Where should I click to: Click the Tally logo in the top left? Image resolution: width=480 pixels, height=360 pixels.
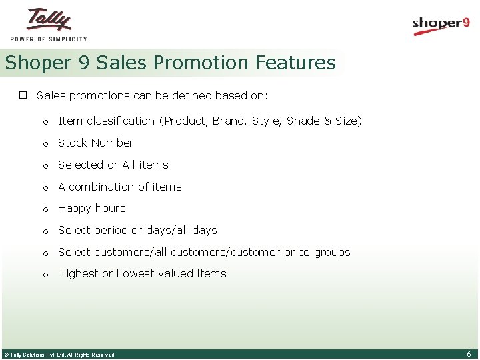pyautogui.click(x=49, y=20)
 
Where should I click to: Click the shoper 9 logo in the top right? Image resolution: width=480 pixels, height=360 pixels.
pyautogui.click(x=441, y=25)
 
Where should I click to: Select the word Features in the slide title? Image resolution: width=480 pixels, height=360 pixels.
pyautogui.click(x=295, y=63)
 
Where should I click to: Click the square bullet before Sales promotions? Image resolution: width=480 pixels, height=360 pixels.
pyautogui.click(x=22, y=95)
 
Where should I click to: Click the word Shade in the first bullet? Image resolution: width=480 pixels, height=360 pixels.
pyautogui.click(x=303, y=121)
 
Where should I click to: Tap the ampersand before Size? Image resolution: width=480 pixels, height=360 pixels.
pyautogui.click(x=327, y=121)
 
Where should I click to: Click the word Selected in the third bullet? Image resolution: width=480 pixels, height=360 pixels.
pyautogui.click(x=81, y=165)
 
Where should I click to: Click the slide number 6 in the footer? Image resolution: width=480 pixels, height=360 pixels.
pyautogui.click(x=469, y=354)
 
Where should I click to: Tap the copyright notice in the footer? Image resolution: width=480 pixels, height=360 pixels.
pyautogui.click(x=59, y=355)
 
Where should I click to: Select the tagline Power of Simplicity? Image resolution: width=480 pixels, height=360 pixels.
pyautogui.click(x=49, y=39)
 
